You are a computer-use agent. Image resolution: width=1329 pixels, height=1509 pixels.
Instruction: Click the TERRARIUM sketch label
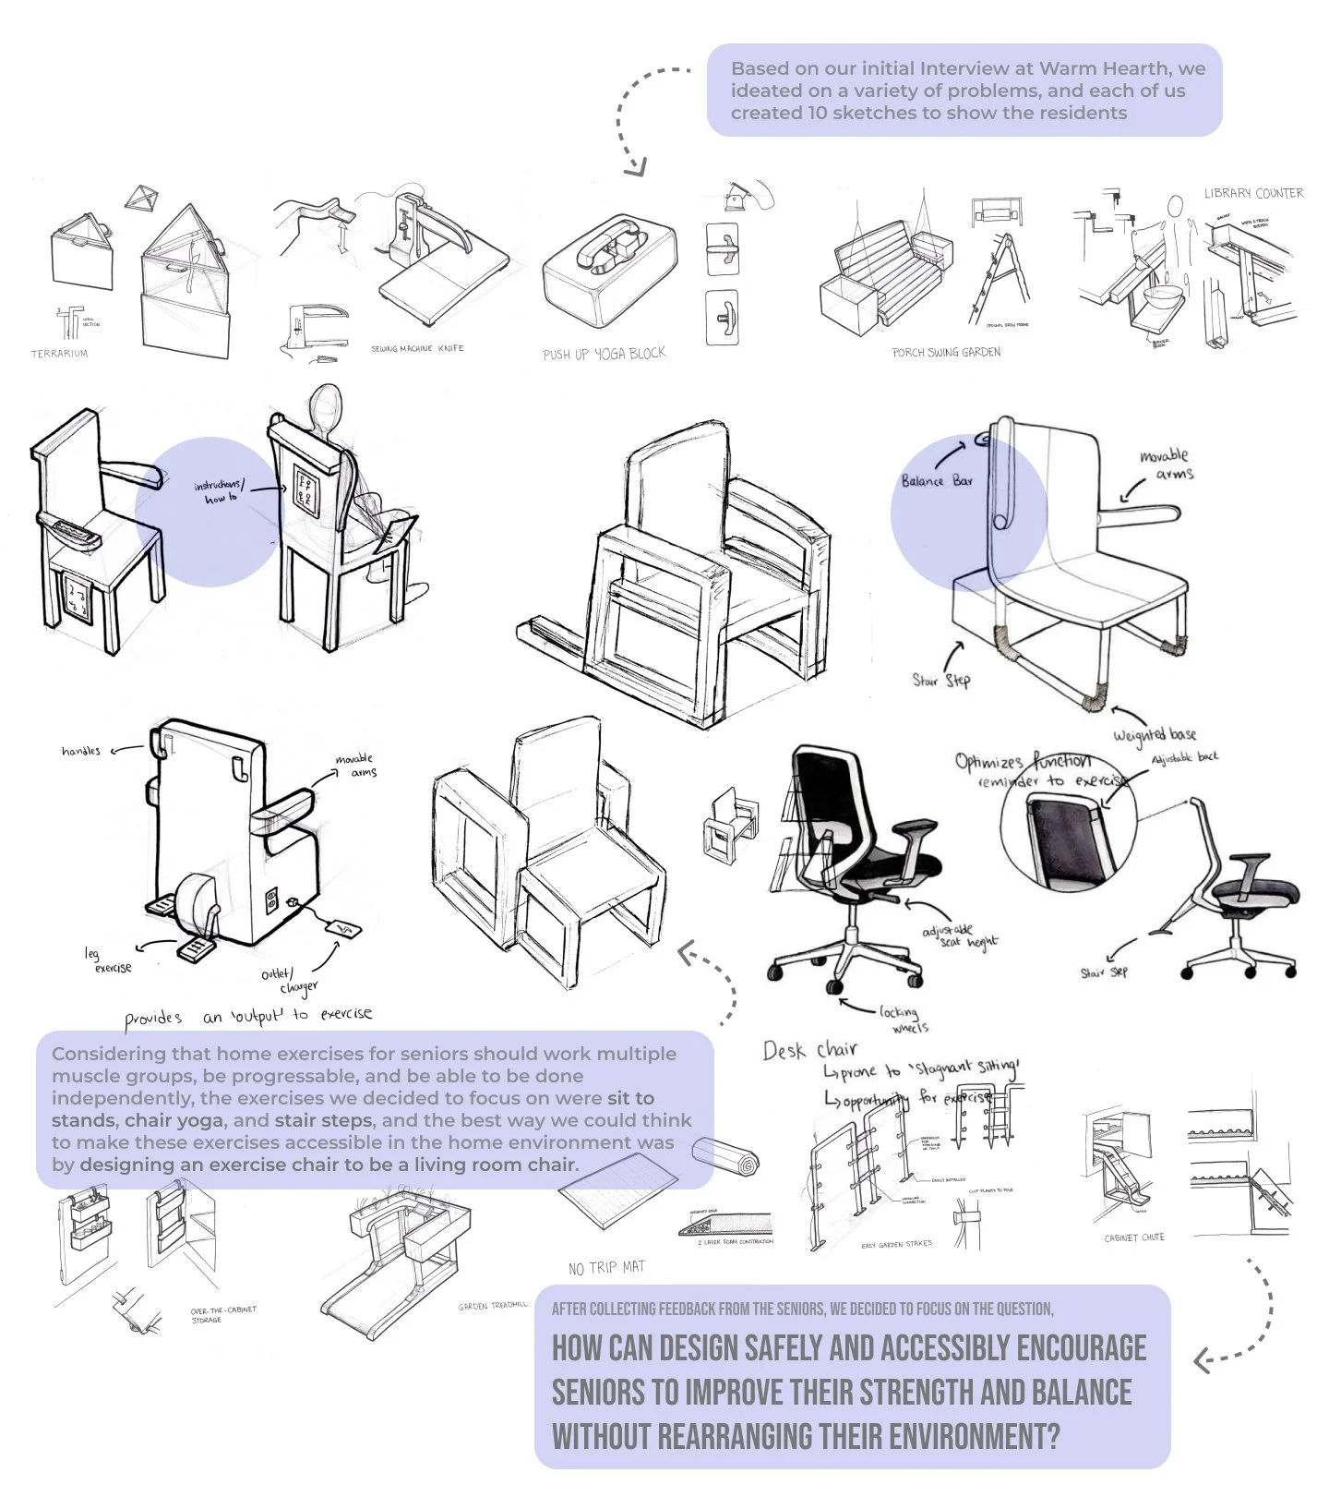[x=59, y=354]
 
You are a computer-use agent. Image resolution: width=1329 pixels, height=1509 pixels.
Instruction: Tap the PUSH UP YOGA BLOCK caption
[x=604, y=354]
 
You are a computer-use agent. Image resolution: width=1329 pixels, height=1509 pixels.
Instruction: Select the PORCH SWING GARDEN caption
[x=945, y=352]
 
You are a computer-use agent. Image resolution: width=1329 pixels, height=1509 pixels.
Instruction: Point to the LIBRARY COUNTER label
[x=1253, y=193]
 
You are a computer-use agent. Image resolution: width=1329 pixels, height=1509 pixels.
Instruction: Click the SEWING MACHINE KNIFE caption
[x=417, y=348]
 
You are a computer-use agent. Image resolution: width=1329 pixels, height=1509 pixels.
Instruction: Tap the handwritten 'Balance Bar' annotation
[x=937, y=480]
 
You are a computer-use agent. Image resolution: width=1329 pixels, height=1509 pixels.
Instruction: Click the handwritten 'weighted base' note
[x=1154, y=734]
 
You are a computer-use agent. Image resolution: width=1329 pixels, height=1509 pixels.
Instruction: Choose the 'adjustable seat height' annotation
[x=959, y=936]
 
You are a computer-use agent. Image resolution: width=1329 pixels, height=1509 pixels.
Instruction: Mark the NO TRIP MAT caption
[x=606, y=1267]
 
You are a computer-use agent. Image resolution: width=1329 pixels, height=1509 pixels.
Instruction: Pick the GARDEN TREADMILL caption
[x=493, y=1306]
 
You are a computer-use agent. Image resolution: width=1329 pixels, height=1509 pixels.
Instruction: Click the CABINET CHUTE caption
[x=1134, y=1237]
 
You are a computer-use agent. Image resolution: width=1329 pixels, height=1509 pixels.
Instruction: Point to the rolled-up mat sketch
[x=726, y=1157]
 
